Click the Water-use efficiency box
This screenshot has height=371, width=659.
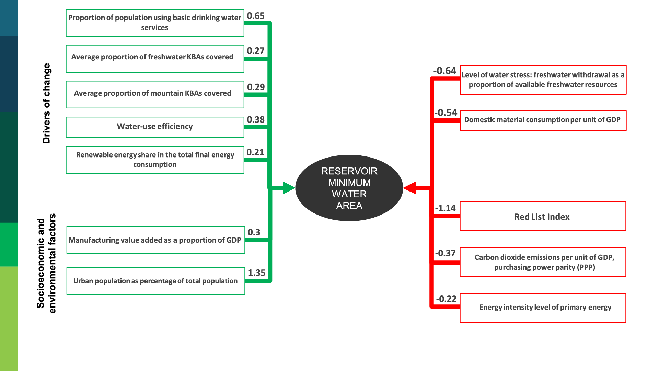point(155,127)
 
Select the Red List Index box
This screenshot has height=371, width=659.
point(543,216)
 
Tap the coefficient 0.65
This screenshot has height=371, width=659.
point(256,16)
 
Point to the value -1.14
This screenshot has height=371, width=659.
point(445,208)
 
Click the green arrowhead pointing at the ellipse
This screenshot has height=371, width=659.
point(288,188)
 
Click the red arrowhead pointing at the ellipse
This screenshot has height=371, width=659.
point(410,188)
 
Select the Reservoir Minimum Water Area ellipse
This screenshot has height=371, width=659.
point(349,188)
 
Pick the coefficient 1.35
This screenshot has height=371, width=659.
point(256,273)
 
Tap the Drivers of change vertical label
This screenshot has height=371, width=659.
point(46,103)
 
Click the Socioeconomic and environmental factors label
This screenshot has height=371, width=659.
point(46,263)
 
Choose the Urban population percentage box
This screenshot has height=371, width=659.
point(155,281)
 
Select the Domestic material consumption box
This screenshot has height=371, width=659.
point(543,120)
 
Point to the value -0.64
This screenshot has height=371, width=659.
point(445,71)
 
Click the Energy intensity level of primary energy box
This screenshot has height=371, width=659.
point(543,308)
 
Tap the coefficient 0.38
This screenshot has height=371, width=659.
point(256,120)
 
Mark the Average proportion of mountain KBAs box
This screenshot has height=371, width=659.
point(155,94)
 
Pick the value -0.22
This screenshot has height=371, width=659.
point(446,299)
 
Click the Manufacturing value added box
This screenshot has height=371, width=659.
point(155,240)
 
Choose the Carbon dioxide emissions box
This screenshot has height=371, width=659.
point(543,262)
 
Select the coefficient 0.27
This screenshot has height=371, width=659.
point(256,51)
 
